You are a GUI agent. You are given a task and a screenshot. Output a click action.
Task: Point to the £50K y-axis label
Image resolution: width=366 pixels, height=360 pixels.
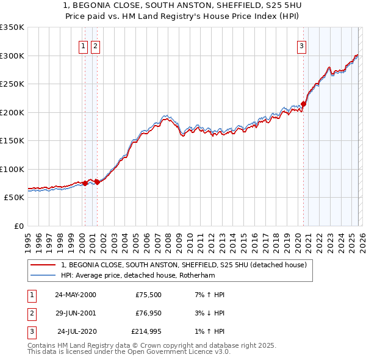point(14,198)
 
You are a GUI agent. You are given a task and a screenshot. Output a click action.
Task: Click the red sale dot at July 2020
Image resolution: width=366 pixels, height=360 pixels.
point(304,104)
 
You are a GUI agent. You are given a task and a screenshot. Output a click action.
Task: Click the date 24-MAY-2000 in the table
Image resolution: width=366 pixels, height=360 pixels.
point(75,295)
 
